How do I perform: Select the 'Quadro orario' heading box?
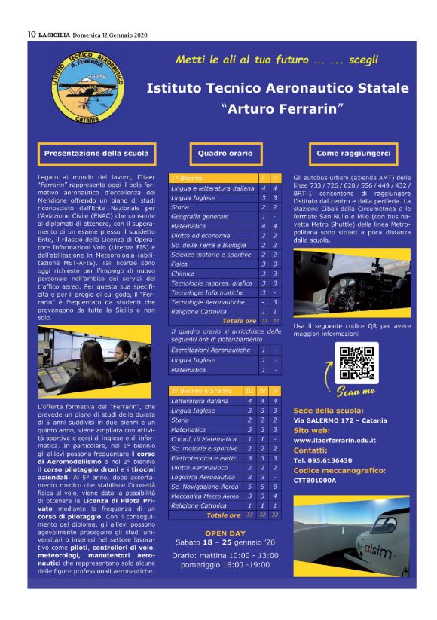225,154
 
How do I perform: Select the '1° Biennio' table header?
186,177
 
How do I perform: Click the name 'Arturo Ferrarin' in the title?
278,108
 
